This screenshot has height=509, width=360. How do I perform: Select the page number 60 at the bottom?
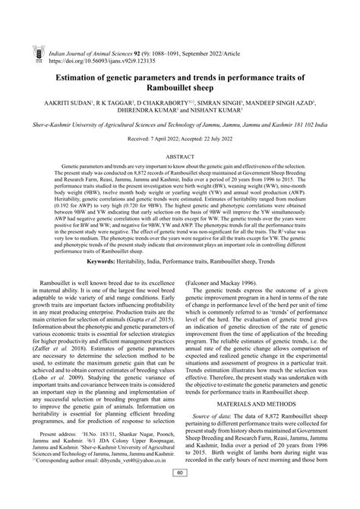(x=180, y=495)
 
